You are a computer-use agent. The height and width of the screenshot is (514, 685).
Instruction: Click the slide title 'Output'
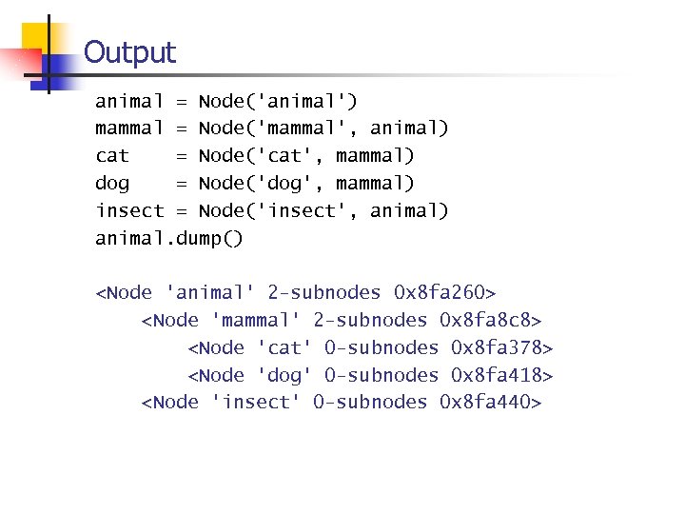(129, 52)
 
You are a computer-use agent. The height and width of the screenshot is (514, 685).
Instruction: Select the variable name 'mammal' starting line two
(129, 128)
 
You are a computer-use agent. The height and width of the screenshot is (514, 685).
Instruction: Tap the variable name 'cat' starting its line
(112, 155)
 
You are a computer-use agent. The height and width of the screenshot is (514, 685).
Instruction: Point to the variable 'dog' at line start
(112, 183)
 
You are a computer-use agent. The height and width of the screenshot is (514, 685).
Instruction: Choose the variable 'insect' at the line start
(129, 210)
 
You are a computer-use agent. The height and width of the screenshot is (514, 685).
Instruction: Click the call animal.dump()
(169, 238)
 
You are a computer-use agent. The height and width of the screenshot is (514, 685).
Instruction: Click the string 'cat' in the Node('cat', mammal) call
(277, 155)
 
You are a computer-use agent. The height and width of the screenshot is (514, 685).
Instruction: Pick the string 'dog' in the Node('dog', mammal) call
(277, 183)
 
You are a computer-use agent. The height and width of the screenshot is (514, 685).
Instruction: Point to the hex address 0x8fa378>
(502, 347)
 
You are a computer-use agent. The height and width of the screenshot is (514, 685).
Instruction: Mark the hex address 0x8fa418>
(502, 375)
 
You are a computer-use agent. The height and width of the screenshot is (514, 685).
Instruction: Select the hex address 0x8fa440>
(491, 402)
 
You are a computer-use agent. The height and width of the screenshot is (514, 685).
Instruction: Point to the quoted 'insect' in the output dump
(255, 402)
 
